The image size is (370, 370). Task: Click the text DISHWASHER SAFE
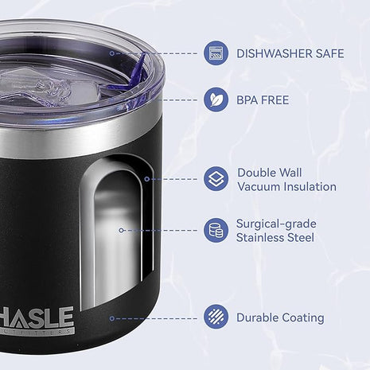point(290,53)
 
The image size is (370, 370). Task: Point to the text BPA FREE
point(263,100)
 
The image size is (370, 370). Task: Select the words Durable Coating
point(279,317)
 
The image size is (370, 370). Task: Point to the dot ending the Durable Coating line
point(111,317)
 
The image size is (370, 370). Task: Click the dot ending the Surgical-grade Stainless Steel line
point(121,230)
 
